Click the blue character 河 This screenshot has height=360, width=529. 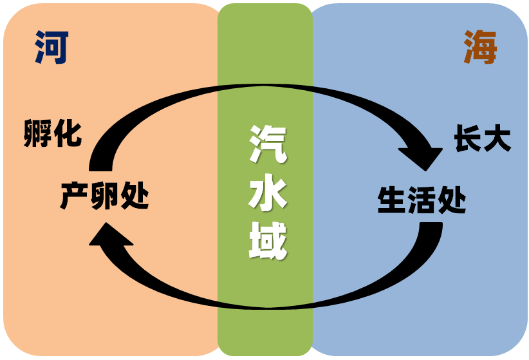(51, 48)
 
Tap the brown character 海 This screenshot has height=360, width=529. (480, 48)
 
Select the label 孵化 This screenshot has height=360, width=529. (53, 134)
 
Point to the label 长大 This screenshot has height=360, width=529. (483, 138)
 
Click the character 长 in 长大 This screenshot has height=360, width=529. (468, 138)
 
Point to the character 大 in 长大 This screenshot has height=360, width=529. (497, 138)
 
